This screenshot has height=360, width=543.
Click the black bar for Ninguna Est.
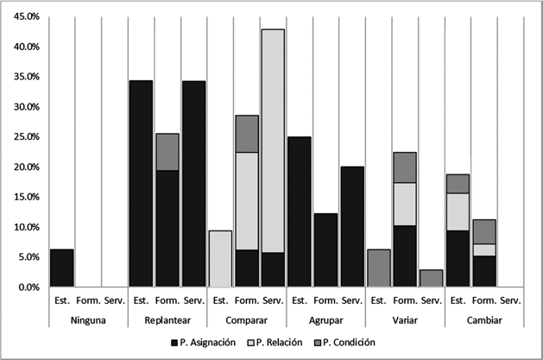62,268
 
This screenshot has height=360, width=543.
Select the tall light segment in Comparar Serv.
273,141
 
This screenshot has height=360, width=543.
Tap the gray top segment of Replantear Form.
167,152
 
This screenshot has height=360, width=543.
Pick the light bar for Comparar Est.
220,259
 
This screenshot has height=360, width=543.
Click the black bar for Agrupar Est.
300,212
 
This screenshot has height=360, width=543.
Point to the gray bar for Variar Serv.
432,278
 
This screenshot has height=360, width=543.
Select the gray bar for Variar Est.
378,268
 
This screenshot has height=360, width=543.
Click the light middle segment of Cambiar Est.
458,212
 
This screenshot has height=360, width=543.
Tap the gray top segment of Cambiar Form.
484,232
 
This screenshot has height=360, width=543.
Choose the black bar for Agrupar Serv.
352,227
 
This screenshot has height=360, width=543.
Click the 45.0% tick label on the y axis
27,16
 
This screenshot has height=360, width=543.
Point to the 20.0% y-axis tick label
27,167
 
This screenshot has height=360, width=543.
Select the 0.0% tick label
28,287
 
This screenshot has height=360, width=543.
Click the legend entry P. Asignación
204,343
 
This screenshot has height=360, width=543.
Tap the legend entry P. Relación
275,343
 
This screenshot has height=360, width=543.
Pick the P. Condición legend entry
345,343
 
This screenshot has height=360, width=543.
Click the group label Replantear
167,320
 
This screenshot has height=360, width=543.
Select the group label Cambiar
484,320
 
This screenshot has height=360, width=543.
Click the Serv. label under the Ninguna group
115,300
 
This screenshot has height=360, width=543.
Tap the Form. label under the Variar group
405,300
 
